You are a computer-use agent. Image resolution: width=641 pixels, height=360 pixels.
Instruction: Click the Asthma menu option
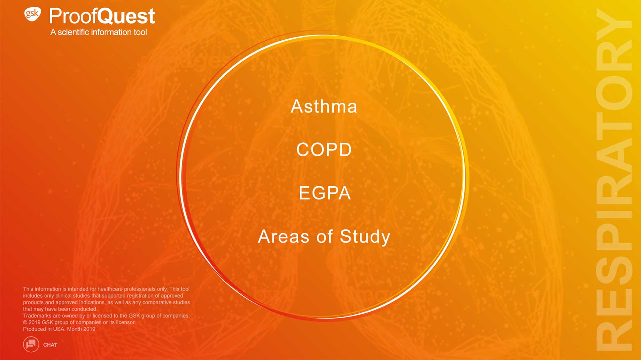pyautogui.click(x=324, y=106)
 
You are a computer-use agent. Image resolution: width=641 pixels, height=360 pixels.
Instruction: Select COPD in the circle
pyautogui.click(x=324, y=150)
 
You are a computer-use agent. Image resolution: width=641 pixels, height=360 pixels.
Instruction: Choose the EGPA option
pyautogui.click(x=325, y=193)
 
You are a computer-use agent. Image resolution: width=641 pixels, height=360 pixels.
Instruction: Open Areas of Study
pyautogui.click(x=324, y=236)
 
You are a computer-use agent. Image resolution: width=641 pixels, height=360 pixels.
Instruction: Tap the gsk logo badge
pyautogui.click(x=32, y=14)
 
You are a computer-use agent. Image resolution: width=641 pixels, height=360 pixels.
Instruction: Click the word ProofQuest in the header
pyautogui.click(x=102, y=16)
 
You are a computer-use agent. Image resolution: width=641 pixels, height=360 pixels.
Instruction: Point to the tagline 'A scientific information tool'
pyautogui.click(x=99, y=32)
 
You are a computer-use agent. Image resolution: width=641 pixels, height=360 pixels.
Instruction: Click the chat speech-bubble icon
pyautogui.click(x=31, y=344)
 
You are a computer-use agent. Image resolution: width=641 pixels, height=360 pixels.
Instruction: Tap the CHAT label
pyautogui.click(x=50, y=345)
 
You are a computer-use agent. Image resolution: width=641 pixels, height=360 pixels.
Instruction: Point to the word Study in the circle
pyautogui.click(x=365, y=236)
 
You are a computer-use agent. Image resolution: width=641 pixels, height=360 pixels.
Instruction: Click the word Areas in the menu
pyautogui.click(x=284, y=236)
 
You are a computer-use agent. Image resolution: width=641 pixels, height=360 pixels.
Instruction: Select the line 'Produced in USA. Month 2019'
pyautogui.click(x=59, y=329)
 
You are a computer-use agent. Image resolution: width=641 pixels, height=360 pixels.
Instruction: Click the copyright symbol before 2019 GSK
pyautogui.click(x=25, y=322)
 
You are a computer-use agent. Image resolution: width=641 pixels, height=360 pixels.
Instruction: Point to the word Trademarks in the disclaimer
pyautogui.click(x=37, y=316)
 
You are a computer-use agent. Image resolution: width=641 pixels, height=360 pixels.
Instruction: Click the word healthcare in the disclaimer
pyautogui.click(x=110, y=289)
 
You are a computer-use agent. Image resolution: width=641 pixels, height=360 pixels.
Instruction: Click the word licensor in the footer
pyautogui.click(x=126, y=322)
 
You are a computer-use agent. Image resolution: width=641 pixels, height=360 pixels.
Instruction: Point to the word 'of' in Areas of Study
pyautogui.click(x=325, y=236)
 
